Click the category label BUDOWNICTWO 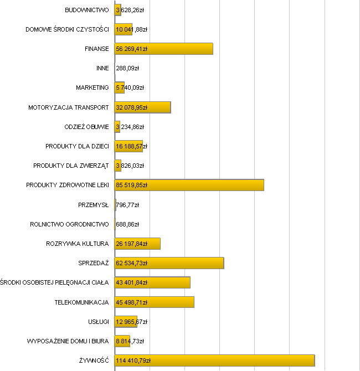click(x=87, y=10)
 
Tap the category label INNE click(x=102, y=68)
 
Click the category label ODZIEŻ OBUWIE click(x=87, y=127)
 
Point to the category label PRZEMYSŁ click(x=94, y=205)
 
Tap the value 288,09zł click(x=127, y=68)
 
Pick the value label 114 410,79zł click(x=133, y=360)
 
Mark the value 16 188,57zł click(x=131, y=146)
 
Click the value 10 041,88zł click(x=131, y=29)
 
